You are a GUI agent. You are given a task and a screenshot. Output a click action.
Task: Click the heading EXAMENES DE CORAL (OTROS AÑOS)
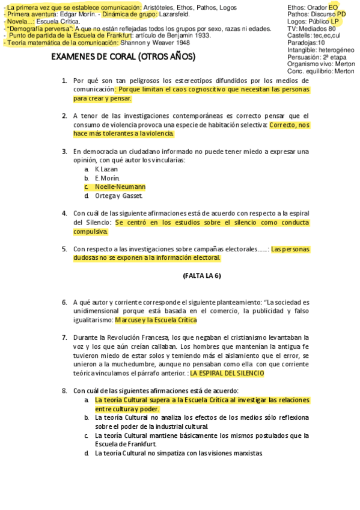coord(123,57)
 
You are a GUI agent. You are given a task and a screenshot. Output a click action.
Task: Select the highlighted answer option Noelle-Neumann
coord(120,187)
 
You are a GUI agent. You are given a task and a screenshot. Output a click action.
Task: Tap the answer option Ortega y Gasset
coord(118,195)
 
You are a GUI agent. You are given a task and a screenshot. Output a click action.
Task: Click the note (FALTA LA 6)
coord(201,275)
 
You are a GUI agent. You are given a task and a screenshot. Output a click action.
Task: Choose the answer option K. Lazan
coord(106,169)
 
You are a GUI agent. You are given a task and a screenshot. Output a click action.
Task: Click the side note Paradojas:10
coord(306,43)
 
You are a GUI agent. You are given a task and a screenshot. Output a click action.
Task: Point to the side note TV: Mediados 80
coord(311,28)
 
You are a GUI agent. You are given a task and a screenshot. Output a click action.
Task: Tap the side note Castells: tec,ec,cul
coord(314,35)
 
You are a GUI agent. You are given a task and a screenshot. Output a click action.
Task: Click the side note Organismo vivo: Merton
coord(320,64)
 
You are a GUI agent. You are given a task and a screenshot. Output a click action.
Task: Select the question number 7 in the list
coord(64,337)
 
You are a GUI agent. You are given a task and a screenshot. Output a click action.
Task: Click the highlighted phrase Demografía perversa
coord(40,28)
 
